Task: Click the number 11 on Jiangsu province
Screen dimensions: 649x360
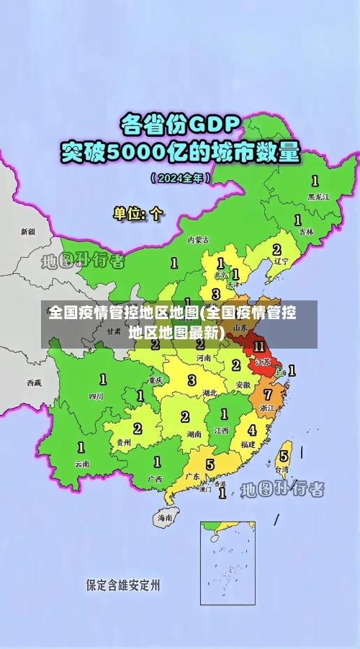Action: [x=259, y=346]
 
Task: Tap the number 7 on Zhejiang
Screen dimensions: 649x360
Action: [x=267, y=395]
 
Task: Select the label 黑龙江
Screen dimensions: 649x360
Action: [x=318, y=196]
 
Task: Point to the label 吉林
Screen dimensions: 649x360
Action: [x=306, y=232]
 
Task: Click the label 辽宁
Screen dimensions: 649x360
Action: [x=280, y=261]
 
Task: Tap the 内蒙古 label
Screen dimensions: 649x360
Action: [x=198, y=239]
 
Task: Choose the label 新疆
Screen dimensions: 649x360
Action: [x=27, y=232]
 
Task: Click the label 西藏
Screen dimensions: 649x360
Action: [x=34, y=382]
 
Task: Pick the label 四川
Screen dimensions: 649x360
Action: [x=96, y=395]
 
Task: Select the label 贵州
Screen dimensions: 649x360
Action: [x=123, y=442]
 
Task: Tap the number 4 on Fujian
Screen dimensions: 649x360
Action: [x=252, y=430]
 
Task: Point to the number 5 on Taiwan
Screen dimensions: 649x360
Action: [x=284, y=455]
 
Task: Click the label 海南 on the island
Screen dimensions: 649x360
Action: [x=165, y=517]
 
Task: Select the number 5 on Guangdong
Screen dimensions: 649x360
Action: [x=210, y=465]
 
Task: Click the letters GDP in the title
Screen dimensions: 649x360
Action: [x=213, y=125]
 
